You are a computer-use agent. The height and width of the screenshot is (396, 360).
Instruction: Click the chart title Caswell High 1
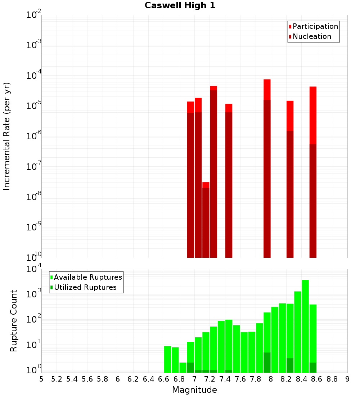(x=180, y=6)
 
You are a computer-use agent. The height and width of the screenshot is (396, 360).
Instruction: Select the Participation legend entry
(x=315, y=27)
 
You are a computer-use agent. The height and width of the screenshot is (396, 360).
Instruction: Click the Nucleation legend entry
(x=312, y=37)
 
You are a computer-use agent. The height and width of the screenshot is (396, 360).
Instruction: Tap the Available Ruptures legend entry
(x=88, y=278)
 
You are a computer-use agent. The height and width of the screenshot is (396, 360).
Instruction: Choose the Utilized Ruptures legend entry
(x=85, y=288)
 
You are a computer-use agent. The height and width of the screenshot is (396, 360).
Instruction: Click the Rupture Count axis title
(x=14, y=321)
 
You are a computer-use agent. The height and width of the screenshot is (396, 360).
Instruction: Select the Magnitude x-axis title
(x=194, y=390)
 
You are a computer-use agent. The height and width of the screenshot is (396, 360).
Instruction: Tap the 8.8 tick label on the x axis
(x=332, y=379)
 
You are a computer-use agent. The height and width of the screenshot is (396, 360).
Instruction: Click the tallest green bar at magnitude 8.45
(x=305, y=324)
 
